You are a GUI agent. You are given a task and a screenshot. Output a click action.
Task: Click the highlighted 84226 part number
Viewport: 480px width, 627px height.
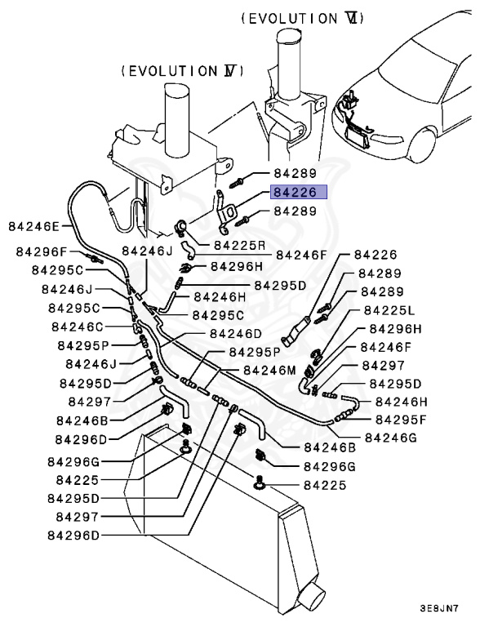[299, 193]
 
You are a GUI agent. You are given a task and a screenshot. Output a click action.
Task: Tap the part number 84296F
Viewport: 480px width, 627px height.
[39, 253]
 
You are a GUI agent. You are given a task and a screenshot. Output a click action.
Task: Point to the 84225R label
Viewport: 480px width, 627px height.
[240, 244]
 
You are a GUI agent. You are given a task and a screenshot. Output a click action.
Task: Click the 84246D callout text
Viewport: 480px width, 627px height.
[235, 333]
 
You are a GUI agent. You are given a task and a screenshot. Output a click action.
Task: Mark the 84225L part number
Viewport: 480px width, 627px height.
[389, 310]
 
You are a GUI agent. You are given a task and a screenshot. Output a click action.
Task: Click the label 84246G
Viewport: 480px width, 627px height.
[390, 437]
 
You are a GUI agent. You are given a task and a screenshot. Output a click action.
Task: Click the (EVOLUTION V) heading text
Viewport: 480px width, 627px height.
[182, 71]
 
